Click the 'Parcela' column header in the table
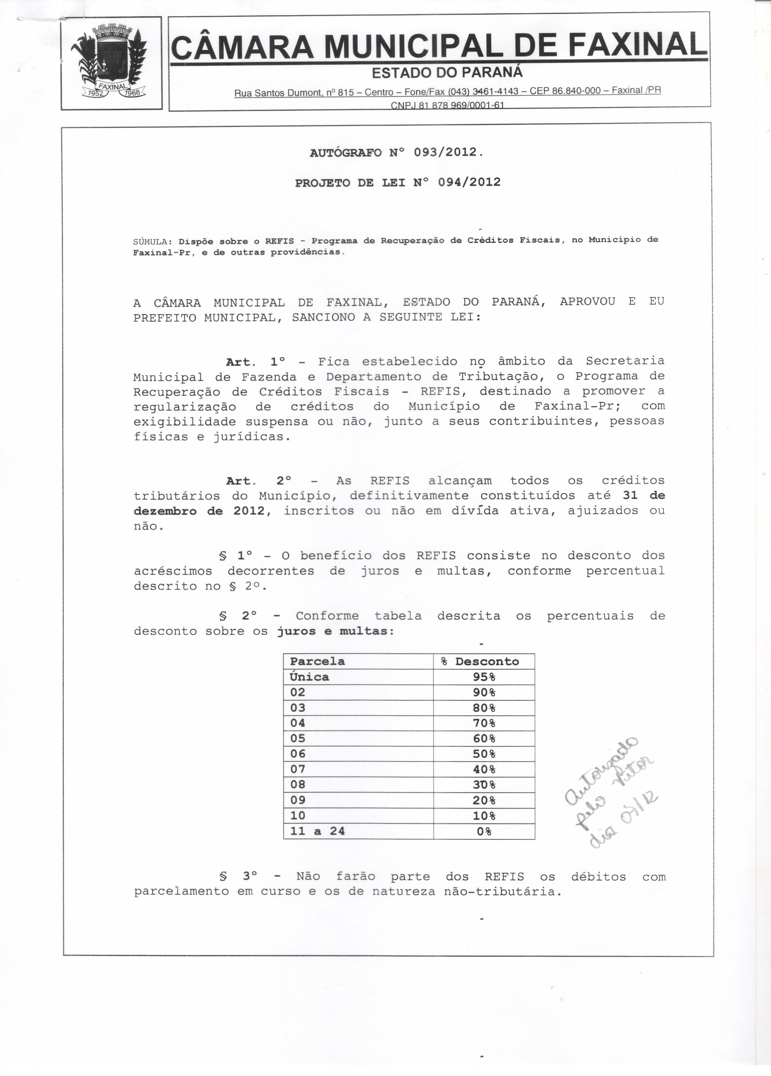click(x=317, y=662)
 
